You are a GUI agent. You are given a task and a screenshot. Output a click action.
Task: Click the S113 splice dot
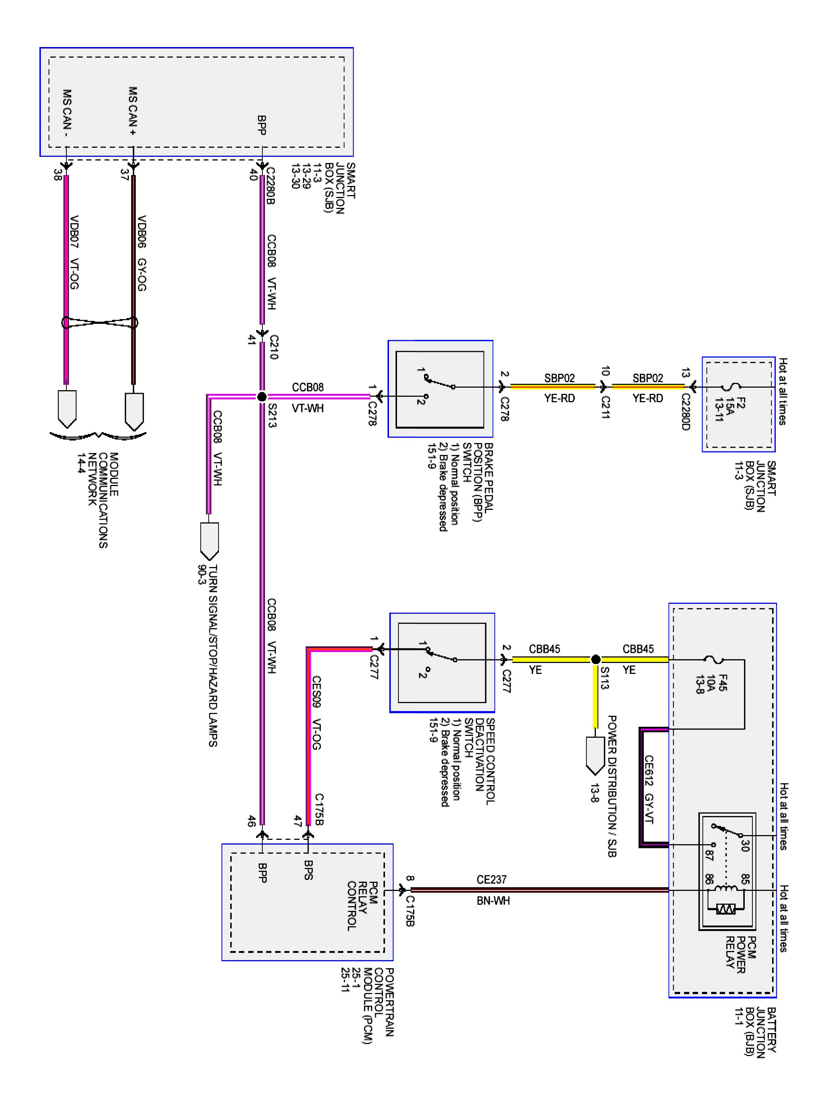(596, 659)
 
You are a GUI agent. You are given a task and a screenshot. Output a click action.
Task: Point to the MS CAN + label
(132, 111)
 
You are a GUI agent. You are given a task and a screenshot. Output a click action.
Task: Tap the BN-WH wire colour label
(493, 901)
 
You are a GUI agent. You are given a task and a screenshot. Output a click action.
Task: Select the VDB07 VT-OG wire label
(74, 252)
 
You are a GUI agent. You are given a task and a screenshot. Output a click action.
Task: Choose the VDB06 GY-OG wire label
(142, 253)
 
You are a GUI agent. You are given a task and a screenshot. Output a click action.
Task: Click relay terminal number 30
(745, 845)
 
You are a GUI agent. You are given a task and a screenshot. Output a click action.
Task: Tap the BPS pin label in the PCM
(308, 870)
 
